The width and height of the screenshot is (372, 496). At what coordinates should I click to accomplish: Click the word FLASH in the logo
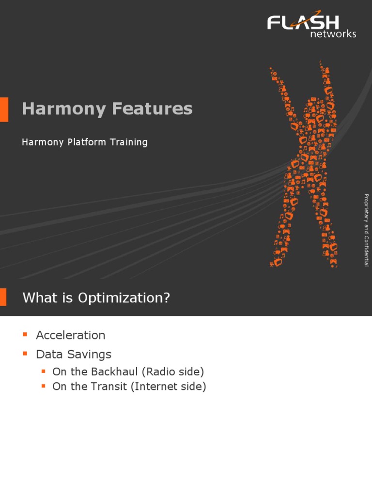point(303,22)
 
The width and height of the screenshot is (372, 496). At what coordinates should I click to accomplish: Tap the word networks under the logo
point(333,34)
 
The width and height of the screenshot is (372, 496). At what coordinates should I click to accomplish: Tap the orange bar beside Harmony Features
point(4,109)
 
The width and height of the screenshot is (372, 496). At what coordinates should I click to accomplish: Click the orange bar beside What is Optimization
point(3,297)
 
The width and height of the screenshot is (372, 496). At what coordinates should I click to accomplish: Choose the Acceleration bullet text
point(70,335)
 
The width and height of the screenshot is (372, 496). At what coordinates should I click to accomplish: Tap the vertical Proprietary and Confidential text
point(367,230)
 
